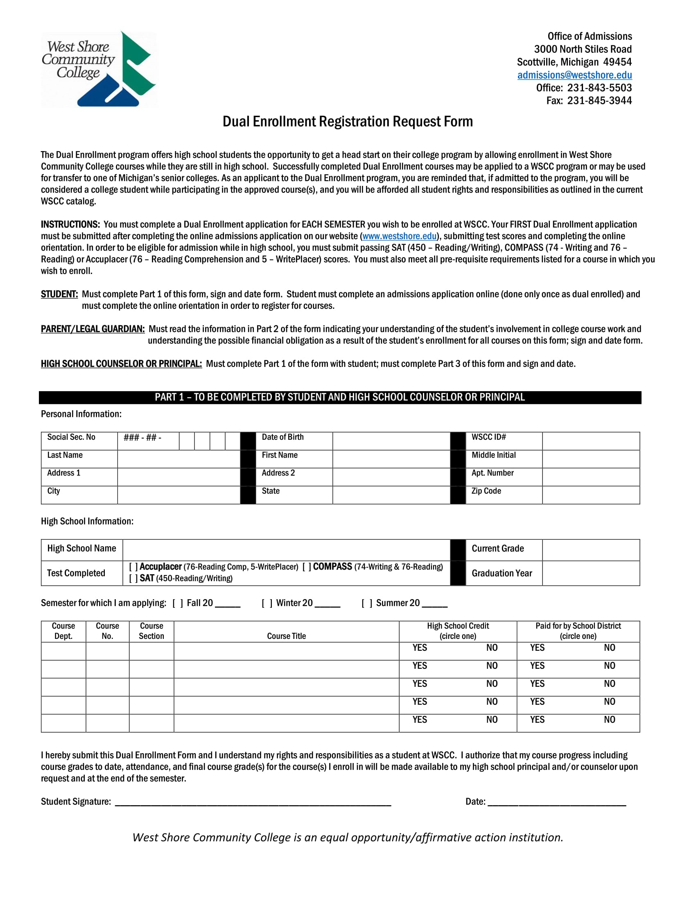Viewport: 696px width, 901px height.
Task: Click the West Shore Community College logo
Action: [99, 69]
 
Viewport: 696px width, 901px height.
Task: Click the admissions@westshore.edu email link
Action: [574, 75]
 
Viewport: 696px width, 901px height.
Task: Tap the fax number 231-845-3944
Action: [599, 101]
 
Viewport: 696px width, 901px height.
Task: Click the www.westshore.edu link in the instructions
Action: [399, 236]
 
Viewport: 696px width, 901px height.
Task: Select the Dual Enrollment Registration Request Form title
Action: [348, 122]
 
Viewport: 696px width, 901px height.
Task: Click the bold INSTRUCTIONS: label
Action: [70, 224]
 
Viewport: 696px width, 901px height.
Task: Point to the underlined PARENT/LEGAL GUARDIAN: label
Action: [93, 329]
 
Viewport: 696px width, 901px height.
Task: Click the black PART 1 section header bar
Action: [340, 397]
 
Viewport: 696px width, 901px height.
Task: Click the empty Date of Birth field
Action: [391, 441]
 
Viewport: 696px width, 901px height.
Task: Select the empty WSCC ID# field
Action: [590, 441]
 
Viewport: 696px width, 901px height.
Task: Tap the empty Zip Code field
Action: [590, 495]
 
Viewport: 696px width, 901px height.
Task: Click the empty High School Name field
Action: [286, 550]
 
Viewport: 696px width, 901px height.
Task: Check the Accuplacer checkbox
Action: [133, 567]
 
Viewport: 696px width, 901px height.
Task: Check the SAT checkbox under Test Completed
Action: [133, 578]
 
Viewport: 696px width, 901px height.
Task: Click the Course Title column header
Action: [286, 636]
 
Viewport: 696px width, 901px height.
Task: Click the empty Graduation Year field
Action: [590, 573]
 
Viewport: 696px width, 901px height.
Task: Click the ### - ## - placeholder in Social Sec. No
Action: [142, 437]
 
